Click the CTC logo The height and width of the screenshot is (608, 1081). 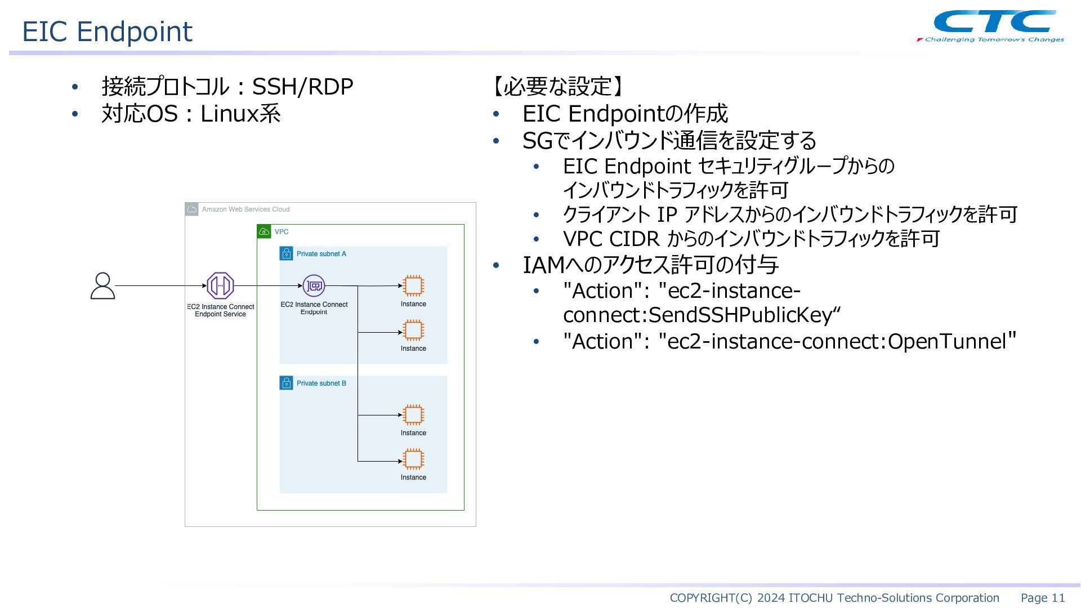tap(991, 26)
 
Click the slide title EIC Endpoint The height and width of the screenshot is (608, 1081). tap(107, 31)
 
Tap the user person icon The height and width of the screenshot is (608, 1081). tap(102, 285)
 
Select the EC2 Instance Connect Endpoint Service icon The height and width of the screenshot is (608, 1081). tap(220, 285)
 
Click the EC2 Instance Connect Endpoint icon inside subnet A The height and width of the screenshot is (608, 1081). tap(314, 285)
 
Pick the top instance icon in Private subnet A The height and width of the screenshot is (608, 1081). tap(413, 285)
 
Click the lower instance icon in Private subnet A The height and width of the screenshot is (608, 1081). tap(413, 330)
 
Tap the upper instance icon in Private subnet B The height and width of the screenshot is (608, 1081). tap(413, 415)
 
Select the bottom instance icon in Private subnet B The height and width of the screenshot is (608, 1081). tap(413, 459)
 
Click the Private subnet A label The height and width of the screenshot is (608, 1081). tap(321, 254)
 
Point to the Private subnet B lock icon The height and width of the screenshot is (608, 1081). tap(287, 383)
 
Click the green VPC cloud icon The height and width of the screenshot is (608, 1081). tap(264, 231)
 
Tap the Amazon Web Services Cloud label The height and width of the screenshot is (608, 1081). tap(246, 209)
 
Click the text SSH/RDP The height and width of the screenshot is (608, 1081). tap(302, 87)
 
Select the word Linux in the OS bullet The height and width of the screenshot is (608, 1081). tap(229, 114)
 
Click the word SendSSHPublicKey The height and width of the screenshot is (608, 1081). tap(740, 315)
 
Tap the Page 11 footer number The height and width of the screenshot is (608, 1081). tap(1043, 598)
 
